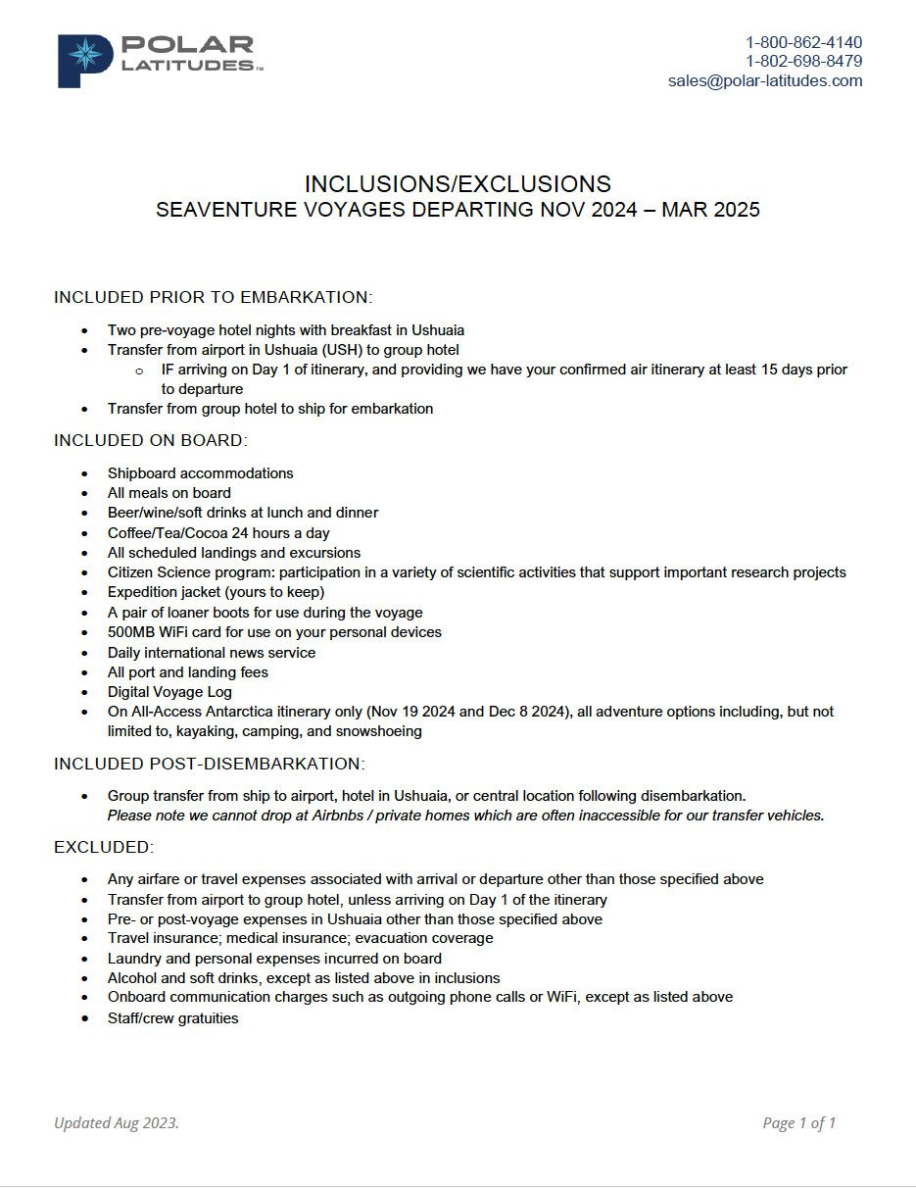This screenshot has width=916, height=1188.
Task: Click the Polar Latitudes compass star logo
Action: pos(85,57)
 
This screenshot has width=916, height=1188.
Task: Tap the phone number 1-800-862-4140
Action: pos(803,42)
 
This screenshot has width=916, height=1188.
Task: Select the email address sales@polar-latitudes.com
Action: pos(765,80)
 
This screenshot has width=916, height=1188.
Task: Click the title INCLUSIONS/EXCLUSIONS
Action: pos(458,183)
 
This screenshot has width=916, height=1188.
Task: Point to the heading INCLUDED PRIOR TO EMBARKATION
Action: pos(213,297)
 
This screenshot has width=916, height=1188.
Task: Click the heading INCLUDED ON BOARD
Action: pos(151,440)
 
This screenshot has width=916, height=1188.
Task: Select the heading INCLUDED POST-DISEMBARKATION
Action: pos(209,763)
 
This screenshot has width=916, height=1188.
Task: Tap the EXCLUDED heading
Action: pos(104,846)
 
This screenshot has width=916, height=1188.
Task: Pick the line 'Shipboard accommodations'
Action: pos(200,472)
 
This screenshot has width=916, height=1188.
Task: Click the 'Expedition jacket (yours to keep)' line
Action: pos(216,592)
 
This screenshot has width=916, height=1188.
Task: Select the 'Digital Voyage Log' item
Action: pos(169,692)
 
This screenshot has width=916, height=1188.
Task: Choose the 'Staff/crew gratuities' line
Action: pos(172,1017)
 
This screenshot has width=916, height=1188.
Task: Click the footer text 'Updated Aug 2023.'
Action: pos(117,1123)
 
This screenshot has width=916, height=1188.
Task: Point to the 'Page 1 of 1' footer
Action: pos(798,1123)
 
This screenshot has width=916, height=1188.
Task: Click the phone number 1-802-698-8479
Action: pos(803,61)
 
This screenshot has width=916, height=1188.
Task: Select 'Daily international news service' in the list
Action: pos(211,652)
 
